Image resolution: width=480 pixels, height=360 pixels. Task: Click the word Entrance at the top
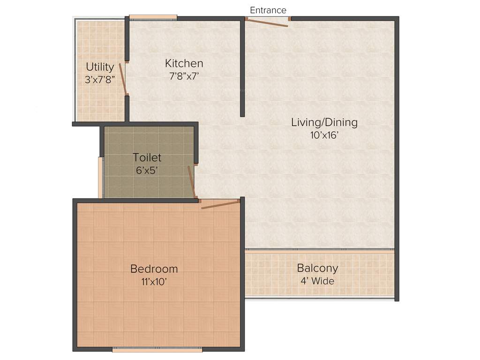point(268,10)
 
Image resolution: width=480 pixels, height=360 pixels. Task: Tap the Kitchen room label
point(184,63)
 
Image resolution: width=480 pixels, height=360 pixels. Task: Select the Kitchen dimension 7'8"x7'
point(184,76)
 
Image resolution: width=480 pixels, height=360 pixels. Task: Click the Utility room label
point(100,67)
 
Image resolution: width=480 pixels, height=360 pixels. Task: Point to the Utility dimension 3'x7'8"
point(100,80)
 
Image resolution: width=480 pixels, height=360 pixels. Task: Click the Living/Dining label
point(324,122)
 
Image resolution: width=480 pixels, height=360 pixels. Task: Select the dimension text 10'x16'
point(324,136)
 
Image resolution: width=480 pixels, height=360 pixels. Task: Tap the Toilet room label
point(147,157)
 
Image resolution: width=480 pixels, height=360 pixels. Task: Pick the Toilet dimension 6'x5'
point(147,171)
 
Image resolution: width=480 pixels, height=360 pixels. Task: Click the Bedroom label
point(154,269)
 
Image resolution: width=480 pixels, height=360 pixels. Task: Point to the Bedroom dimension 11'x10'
point(154,282)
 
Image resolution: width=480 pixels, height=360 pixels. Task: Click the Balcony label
point(317,269)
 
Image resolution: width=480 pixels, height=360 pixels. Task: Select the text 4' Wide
point(317,281)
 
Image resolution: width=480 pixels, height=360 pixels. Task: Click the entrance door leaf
point(268,23)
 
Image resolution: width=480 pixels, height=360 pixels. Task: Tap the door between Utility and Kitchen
point(123,79)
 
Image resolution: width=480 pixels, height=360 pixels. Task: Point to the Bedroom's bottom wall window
point(157,349)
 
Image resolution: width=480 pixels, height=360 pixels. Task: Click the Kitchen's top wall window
point(153,18)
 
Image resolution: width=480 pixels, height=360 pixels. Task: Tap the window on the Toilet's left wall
point(100,177)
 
